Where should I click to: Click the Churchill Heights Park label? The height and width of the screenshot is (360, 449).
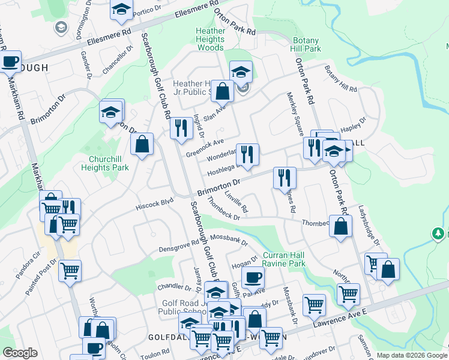[x=105, y=164]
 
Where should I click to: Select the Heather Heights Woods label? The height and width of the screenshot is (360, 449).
[x=210, y=39]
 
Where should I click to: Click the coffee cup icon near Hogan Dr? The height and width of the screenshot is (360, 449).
[x=253, y=277]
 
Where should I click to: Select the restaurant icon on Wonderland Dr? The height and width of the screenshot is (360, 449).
[x=247, y=154]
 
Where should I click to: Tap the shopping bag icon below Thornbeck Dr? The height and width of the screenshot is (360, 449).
[x=340, y=226]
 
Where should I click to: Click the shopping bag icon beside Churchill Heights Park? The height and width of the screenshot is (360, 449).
[x=142, y=144]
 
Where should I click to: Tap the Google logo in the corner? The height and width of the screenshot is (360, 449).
[x=20, y=353]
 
